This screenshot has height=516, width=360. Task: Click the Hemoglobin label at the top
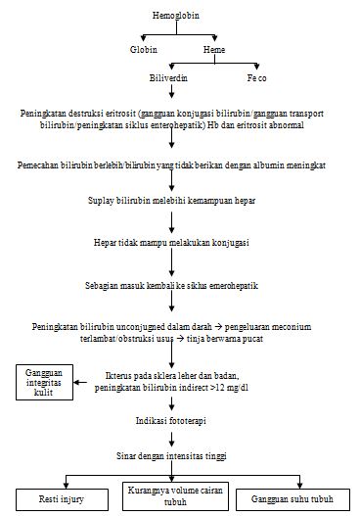coord(176,17)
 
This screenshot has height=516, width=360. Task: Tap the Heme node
coord(215,49)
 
